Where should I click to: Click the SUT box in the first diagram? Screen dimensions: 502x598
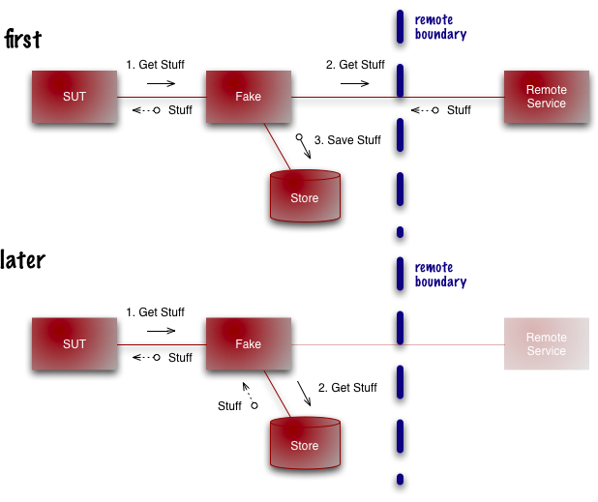pos(74,97)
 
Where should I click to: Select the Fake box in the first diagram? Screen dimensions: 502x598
pos(249,97)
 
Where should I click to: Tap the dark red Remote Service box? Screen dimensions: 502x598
pos(546,97)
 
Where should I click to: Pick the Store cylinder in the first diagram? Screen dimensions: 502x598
pos(305,196)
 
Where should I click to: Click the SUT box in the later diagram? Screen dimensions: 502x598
pos(74,344)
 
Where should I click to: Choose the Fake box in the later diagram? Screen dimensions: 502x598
pos(249,344)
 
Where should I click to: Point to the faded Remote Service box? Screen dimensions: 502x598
pos(546,344)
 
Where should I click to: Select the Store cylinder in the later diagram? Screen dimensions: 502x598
pos(305,444)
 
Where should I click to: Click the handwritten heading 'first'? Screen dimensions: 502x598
pos(23,39)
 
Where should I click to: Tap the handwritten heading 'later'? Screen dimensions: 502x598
pos(23,259)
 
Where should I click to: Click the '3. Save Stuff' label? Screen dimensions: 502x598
pos(354,140)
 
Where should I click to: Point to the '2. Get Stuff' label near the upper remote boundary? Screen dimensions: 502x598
pos(355,65)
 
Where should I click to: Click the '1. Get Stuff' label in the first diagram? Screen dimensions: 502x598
pos(155,65)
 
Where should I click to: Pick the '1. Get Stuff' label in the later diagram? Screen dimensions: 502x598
pos(155,312)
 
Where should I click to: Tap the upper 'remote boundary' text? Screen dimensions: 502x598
pos(440,27)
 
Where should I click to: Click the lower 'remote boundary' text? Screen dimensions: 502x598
pos(440,275)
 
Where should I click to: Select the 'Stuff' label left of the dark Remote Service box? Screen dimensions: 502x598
pos(459,110)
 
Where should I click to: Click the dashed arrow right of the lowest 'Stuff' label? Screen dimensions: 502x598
pos(252,397)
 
